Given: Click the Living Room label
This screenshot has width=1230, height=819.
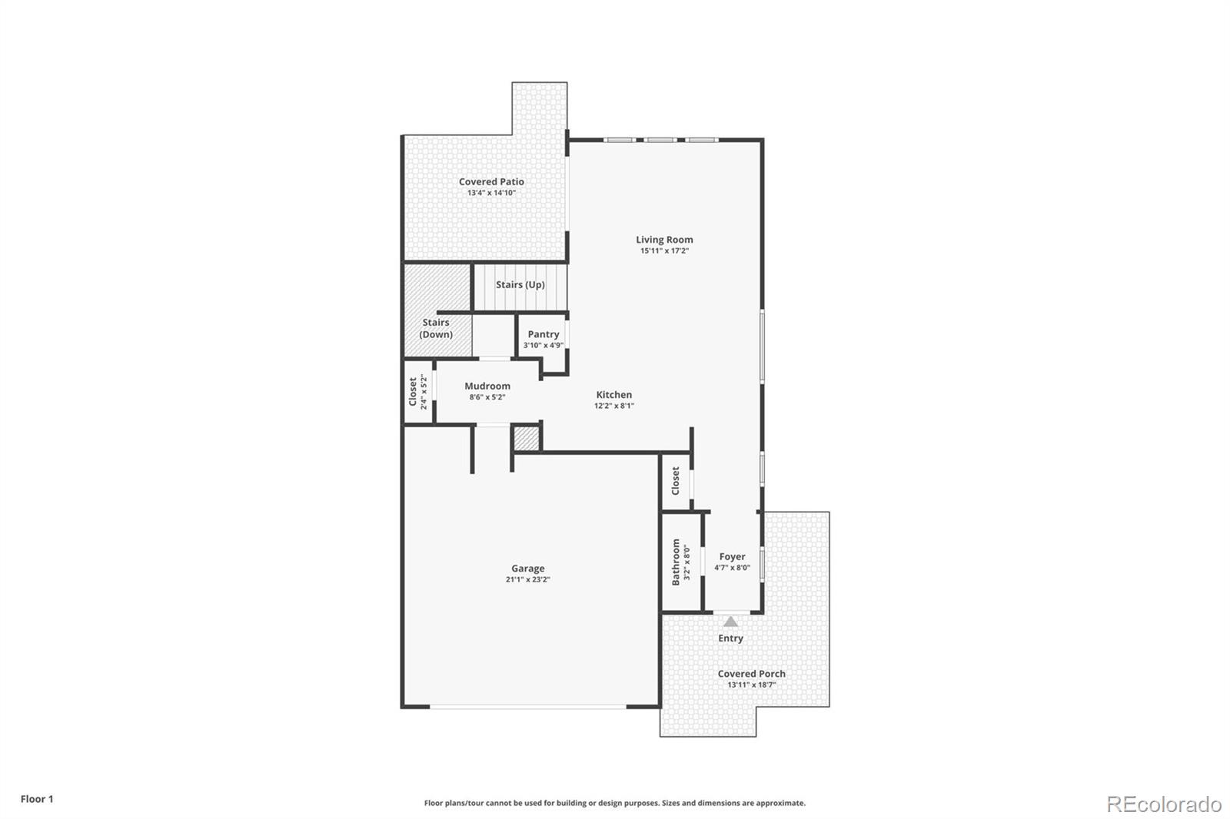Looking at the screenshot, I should pyautogui.click(x=664, y=240).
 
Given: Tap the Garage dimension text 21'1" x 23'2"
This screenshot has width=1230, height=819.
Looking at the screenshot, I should pyautogui.click(x=527, y=580).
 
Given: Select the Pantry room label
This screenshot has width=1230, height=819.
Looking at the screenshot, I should pyautogui.click(x=543, y=334).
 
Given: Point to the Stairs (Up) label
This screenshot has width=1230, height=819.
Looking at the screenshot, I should pyautogui.click(x=520, y=284).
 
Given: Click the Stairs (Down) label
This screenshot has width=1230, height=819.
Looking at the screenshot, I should pyautogui.click(x=436, y=328).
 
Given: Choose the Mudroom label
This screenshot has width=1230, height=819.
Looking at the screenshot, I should pyautogui.click(x=487, y=386).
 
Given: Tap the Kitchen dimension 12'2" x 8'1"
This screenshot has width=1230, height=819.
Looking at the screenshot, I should pyautogui.click(x=613, y=406).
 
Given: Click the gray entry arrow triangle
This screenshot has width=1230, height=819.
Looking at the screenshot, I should pyautogui.click(x=730, y=622).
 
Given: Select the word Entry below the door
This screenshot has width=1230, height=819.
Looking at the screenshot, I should pyautogui.click(x=730, y=638).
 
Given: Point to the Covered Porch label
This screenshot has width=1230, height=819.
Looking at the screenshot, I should pyautogui.click(x=751, y=674).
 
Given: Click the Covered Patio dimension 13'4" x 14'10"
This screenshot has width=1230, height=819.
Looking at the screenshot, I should pyautogui.click(x=491, y=193).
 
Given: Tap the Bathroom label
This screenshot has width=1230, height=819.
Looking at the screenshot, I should pyautogui.click(x=676, y=562).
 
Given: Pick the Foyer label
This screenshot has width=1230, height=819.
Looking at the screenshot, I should pyautogui.click(x=732, y=557).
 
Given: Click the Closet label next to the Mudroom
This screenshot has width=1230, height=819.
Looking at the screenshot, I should pyautogui.click(x=413, y=391).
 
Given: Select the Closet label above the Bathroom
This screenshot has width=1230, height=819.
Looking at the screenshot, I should pyautogui.click(x=676, y=481).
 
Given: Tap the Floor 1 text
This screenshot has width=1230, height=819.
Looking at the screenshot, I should pyautogui.click(x=37, y=799).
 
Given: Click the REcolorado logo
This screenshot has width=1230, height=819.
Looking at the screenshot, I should pyautogui.click(x=1164, y=804).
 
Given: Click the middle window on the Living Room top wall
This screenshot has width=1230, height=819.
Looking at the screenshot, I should pyautogui.click(x=660, y=140).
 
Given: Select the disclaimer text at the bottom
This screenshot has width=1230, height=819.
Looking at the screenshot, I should pyautogui.click(x=615, y=803).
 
